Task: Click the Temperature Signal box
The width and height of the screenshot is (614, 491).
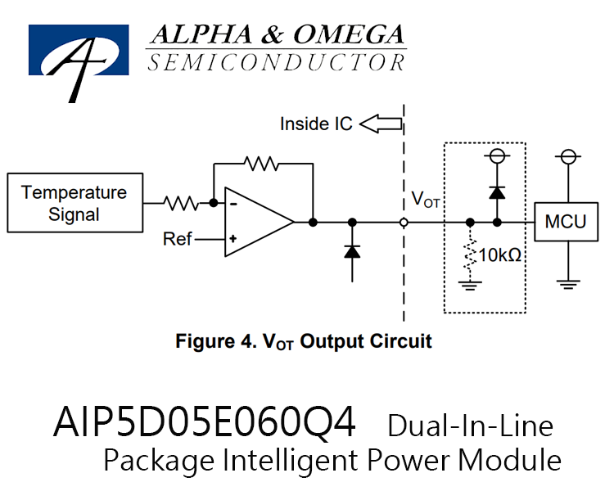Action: coord(74,203)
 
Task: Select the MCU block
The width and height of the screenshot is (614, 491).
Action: coord(567,222)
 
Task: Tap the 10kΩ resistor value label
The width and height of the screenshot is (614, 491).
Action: coord(500,255)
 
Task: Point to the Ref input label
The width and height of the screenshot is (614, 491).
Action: coord(177,238)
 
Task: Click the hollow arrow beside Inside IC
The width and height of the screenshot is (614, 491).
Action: coord(381,124)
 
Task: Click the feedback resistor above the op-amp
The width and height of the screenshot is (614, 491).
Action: coord(261,164)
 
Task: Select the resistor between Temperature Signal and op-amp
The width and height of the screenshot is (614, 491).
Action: coord(181,203)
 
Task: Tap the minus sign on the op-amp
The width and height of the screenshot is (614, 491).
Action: coord(233,204)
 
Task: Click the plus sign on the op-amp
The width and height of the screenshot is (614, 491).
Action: coord(233,238)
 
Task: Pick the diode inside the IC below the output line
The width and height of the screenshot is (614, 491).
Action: coord(352,251)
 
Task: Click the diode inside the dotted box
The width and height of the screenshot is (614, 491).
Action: coord(497,192)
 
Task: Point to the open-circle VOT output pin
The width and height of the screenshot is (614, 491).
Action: coord(404,223)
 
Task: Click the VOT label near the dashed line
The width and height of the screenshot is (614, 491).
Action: coord(425,200)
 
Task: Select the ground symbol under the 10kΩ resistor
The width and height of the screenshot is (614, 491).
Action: coord(470,286)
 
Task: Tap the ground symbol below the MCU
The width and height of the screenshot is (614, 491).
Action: coord(568,285)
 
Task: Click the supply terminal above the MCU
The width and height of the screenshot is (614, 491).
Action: coord(568,156)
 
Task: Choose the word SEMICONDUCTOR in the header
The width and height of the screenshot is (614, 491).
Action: coord(277,63)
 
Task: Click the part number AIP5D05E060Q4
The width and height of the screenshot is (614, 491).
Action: coord(205,423)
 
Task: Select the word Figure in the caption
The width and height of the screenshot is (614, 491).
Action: coord(205,341)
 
